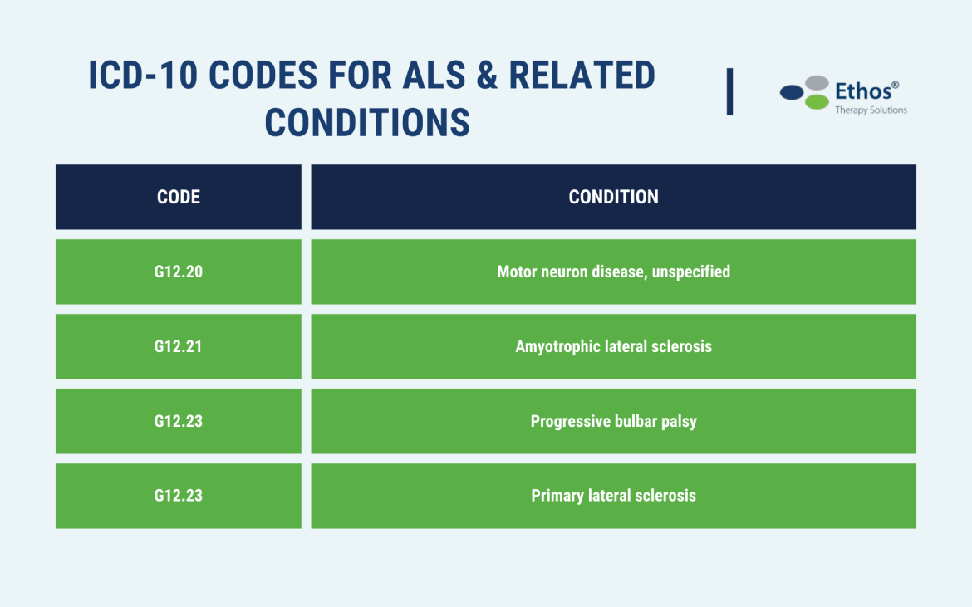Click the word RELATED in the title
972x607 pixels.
point(582,76)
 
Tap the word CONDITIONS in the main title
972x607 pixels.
point(367,122)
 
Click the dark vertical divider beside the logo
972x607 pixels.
point(729,91)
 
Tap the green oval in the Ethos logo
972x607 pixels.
point(817,102)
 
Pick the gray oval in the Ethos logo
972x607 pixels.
point(817,83)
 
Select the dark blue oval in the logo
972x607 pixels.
point(792,93)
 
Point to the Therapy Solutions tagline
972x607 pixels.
point(871,110)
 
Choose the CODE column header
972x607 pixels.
point(179,197)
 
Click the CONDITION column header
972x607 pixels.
point(613,197)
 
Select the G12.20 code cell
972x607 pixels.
point(179,272)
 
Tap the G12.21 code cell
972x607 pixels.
point(179,346)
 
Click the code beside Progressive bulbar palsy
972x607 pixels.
point(179,421)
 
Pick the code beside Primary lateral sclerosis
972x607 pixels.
point(179,496)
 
